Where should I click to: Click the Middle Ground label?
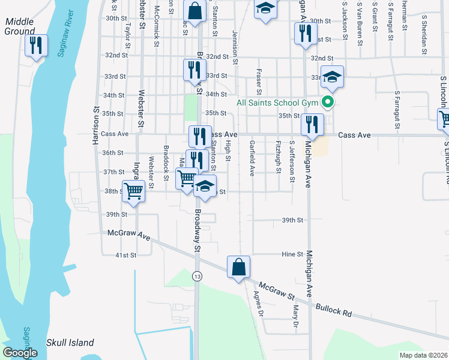pos(19,26)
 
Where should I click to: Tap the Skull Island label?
pos(70,343)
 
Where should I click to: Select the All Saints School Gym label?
pos(276,103)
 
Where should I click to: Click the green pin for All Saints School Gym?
pos(328,103)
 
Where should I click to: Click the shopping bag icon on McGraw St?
pos(239,267)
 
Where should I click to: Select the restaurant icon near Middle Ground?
pos(37,46)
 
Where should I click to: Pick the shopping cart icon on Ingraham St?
pos(134,191)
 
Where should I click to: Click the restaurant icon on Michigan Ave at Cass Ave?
pos(312,124)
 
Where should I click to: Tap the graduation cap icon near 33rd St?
pos(331,76)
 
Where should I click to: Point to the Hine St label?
pos(292,254)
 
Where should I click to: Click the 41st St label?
pos(126,255)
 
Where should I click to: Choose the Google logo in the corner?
pos(20,353)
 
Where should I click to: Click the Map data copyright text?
pos(423,355)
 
